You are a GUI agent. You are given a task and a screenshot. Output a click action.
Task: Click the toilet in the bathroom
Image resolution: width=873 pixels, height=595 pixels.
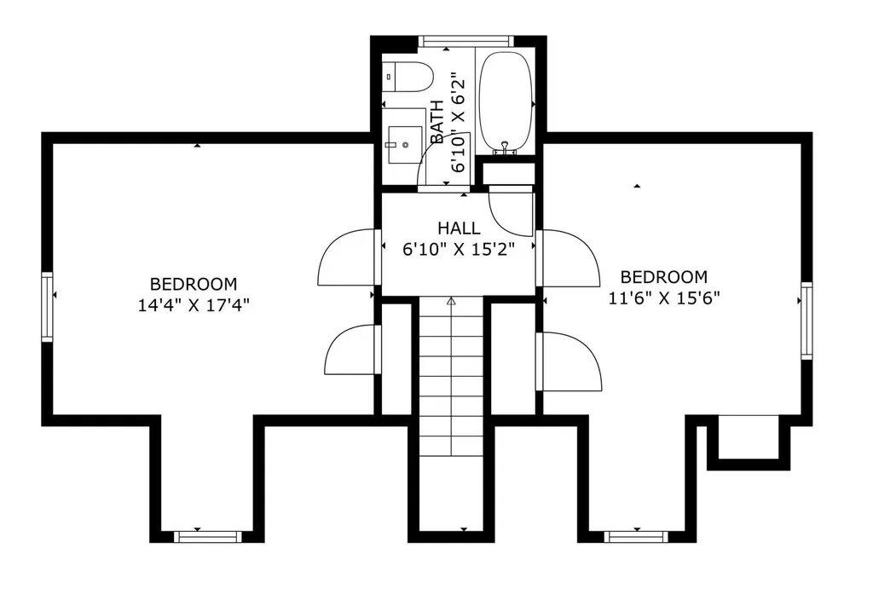coord(408,77)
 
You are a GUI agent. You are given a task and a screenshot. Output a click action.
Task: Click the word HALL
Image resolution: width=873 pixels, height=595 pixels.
coord(459,228)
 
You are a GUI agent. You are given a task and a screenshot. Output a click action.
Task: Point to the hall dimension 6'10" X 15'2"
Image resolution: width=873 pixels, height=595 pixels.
coord(458,249)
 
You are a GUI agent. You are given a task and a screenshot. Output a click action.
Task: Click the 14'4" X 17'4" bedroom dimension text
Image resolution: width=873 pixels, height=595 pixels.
coord(194,305)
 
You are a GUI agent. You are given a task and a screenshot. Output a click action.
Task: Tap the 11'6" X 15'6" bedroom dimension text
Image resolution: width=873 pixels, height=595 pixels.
coord(664,298)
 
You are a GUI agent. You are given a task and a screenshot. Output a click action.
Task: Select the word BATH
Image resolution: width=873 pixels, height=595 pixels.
coord(437,121)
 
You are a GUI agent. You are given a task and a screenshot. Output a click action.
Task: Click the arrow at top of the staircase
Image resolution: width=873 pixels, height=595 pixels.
coord(451,301)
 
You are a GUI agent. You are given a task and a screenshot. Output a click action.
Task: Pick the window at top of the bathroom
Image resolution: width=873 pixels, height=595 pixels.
coord(465,41)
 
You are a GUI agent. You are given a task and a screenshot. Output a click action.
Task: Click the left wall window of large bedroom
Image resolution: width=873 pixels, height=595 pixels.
coord(48,306)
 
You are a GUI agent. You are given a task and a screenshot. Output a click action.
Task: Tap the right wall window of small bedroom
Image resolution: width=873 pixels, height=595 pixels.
coord(807,321)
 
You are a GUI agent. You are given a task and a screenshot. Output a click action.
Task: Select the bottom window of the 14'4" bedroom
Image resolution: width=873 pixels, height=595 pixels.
coord(208,536)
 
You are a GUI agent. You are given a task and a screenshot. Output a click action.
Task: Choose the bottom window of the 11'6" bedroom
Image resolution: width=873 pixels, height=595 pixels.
coord(636,536)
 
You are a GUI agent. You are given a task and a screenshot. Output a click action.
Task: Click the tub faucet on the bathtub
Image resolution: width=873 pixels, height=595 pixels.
coord(505,147)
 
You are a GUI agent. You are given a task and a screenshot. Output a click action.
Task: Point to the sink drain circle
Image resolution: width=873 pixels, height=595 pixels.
coord(405,145)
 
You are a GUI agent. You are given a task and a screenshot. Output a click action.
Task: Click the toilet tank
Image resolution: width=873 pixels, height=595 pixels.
coord(389,77)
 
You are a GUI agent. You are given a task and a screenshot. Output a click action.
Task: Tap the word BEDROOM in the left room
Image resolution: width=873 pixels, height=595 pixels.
coord(194,284)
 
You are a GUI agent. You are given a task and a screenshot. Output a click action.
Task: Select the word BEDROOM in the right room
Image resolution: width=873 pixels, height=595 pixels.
coord(664,277)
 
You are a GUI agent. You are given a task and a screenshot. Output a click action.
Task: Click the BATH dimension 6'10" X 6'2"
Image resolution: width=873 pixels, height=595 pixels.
coord(458,121)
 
